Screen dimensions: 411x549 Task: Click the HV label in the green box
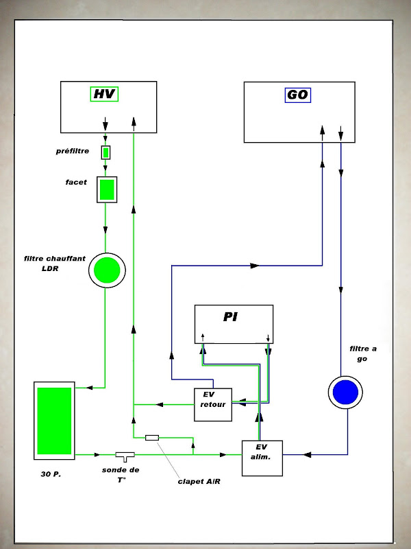[x=105, y=94]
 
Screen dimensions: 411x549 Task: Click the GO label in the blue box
[x=298, y=95]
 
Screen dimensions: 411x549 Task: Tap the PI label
[x=230, y=317]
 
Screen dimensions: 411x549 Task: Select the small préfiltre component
[x=106, y=152]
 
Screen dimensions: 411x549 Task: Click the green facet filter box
[x=107, y=189]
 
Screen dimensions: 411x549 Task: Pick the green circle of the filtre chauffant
[x=107, y=270]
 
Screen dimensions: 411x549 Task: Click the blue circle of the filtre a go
[x=345, y=392]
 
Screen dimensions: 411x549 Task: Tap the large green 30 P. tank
[x=54, y=421]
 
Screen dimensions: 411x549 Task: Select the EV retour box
[x=213, y=404]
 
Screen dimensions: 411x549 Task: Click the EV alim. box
[x=262, y=458]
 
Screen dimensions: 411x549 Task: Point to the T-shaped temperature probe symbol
[x=125, y=456]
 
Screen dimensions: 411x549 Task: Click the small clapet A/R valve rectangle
[x=152, y=437]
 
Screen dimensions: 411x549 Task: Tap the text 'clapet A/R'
[x=199, y=482]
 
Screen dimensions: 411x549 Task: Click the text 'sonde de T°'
[x=121, y=475]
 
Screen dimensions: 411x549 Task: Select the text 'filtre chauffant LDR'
[x=55, y=264]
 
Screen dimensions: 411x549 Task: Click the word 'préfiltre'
[x=73, y=151]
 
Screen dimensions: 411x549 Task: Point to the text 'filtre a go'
[x=363, y=353]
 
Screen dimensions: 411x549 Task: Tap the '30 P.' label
[x=51, y=474]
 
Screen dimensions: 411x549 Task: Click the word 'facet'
[x=76, y=182]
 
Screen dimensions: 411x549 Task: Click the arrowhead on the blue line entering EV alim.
[x=307, y=454]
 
